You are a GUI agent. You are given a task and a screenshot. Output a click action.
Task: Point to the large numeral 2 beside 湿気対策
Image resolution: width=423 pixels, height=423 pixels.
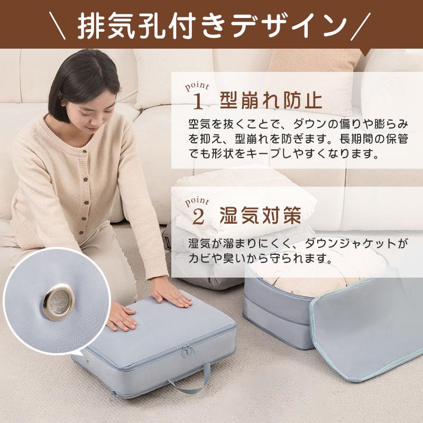[198, 216]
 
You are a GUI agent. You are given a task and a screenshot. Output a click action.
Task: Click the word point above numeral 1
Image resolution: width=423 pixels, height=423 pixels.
[198, 86]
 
